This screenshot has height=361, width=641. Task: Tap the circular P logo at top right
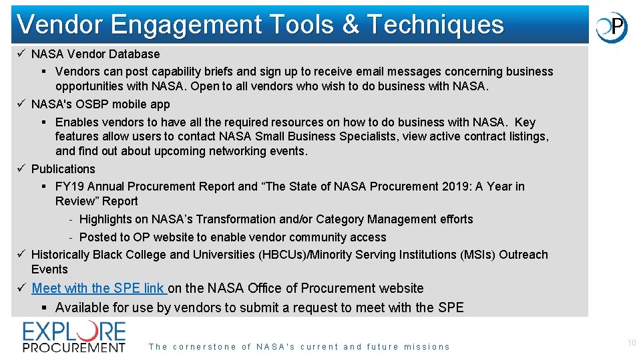(612, 27)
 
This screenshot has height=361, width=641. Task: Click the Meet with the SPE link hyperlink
(99, 288)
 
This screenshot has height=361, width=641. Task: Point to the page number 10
(632, 343)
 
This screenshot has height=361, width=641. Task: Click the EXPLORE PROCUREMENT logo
(74, 336)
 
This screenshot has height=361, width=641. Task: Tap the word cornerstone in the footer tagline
(203, 347)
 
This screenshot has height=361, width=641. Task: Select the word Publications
(63, 169)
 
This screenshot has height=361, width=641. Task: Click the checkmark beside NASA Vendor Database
(21, 54)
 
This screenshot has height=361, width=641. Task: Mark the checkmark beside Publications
(21, 169)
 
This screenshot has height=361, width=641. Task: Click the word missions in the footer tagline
(427, 347)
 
